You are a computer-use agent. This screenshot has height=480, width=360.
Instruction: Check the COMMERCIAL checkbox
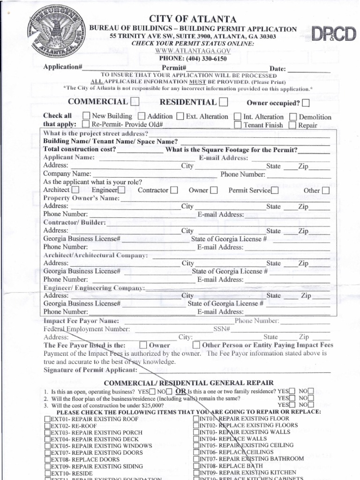pos(135,102)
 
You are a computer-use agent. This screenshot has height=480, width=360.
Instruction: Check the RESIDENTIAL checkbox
pos(224,102)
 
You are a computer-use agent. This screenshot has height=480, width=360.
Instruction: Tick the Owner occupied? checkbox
pos(306,103)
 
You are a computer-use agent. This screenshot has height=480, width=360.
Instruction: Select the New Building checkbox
pos(86,116)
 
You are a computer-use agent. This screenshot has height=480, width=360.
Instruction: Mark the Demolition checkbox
pos(293,117)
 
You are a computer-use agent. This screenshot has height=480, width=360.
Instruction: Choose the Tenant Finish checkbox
pos(238,125)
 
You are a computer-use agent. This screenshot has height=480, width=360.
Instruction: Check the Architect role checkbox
pos(75,190)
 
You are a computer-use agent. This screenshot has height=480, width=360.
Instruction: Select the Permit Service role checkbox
pos(275,190)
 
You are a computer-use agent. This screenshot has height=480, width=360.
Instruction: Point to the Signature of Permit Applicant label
pos(84,370)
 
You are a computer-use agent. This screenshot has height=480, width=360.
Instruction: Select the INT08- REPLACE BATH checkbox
pos(196,466)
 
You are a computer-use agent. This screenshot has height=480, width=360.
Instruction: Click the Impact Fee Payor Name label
pos(81,321)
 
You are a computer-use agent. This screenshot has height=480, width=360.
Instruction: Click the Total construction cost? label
pos(80,150)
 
